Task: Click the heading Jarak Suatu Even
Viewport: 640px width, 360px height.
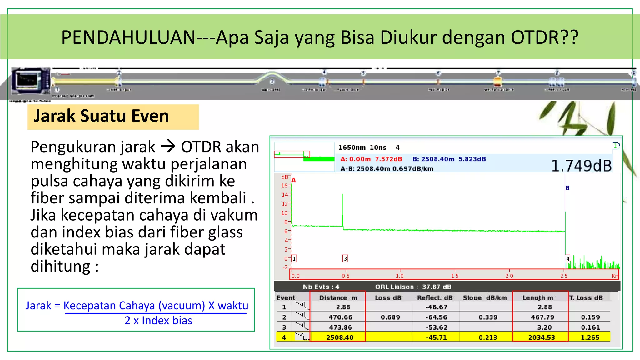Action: click(x=101, y=116)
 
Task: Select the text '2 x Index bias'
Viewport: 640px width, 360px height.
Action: click(x=158, y=321)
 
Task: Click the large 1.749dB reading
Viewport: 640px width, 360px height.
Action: click(x=581, y=166)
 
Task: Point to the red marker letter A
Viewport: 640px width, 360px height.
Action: click(x=294, y=180)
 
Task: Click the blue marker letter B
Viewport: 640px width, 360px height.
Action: click(x=567, y=188)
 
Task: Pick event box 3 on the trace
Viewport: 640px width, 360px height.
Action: click(x=345, y=258)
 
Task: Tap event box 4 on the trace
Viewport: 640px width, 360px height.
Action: click(x=568, y=258)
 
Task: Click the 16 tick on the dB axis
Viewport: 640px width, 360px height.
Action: click(x=284, y=186)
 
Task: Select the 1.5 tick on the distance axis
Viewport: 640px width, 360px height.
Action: click(x=455, y=276)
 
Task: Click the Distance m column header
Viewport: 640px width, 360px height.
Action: click(x=338, y=298)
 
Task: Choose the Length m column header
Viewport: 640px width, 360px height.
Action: click(x=538, y=298)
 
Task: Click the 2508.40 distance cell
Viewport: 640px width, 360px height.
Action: click(x=340, y=337)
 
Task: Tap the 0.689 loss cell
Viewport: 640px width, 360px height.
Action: click(x=390, y=317)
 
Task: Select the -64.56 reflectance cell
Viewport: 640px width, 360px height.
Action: click(x=436, y=317)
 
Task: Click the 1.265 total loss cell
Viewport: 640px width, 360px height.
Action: click(x=590, y=337)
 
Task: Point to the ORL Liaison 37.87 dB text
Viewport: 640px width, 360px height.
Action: click(x=413, y=287)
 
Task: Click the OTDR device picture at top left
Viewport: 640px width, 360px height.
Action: click(x=30, y=80)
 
